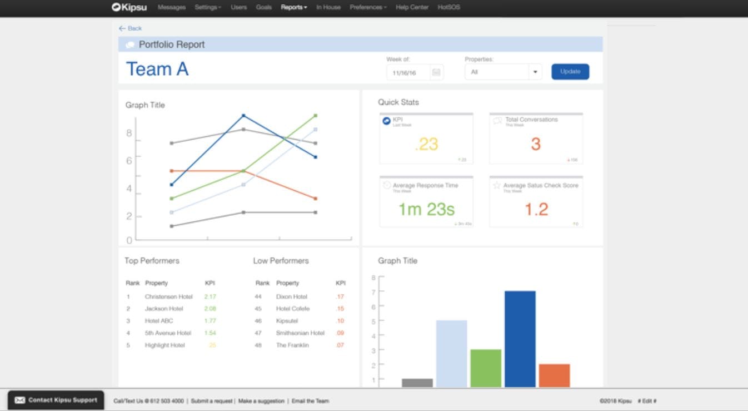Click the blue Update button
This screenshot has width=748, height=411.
pyautogui.click(x=570, y=72)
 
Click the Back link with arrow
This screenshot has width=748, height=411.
pyautogui.click(x=131, y=28)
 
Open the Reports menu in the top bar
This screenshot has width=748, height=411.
pyautogui.click(x=293, y=7)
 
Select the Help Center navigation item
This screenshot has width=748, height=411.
pyautogui.click(x=412, y=7)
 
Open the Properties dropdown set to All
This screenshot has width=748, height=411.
pyautogui.click(x=503, y=72)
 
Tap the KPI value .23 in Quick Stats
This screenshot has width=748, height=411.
pyautogui.click(x=426, y=144)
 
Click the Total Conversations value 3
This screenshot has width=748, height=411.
pyautogui.click(x=536, y=144)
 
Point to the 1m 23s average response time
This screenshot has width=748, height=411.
pyautogui.click(x=426, y=209)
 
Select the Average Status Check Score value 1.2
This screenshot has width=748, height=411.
pyautogui.click(x=536, y=209)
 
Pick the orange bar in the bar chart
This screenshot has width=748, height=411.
pyautogui.click(x=554, y=375)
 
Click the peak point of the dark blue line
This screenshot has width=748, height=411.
pyautogui.click(x=243, y=116)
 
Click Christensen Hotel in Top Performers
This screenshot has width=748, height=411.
pyautogui.click(x=168, y=297)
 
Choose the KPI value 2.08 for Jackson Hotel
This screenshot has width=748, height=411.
pyautogui.click(x=210, y=309)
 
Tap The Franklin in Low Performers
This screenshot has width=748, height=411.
pyautogui.click(x=292, y=345)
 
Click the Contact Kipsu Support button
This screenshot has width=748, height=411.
pyautogui.click(x=56, y=400)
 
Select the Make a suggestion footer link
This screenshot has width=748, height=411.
pyautogui.click(x=261, y=401)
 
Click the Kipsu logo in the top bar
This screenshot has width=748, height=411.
pyautogui.click(x=129, y=7)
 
